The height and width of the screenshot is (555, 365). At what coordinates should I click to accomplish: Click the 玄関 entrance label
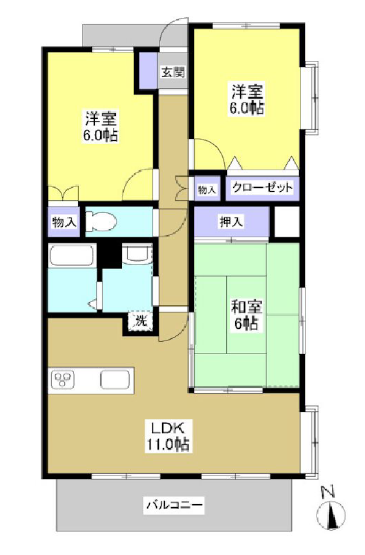tap(173, 72)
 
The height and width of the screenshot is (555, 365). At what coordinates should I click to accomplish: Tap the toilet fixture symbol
tap(101, 221)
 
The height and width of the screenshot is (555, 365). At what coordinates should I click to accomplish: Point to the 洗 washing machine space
tap(141, 321)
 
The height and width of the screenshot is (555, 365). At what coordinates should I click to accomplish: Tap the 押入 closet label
tap(232, 222)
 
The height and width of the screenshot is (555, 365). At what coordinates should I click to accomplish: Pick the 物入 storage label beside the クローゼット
tap(207, 189)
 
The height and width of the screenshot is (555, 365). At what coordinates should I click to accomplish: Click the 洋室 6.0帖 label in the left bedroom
tap(100, 126)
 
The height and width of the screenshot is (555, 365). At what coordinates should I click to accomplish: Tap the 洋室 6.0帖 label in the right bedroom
tap(246, 99)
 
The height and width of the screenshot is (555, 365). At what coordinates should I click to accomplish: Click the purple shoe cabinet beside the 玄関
tap(148, 71)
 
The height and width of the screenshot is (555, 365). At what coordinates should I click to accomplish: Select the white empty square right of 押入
tap(287, 221)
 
